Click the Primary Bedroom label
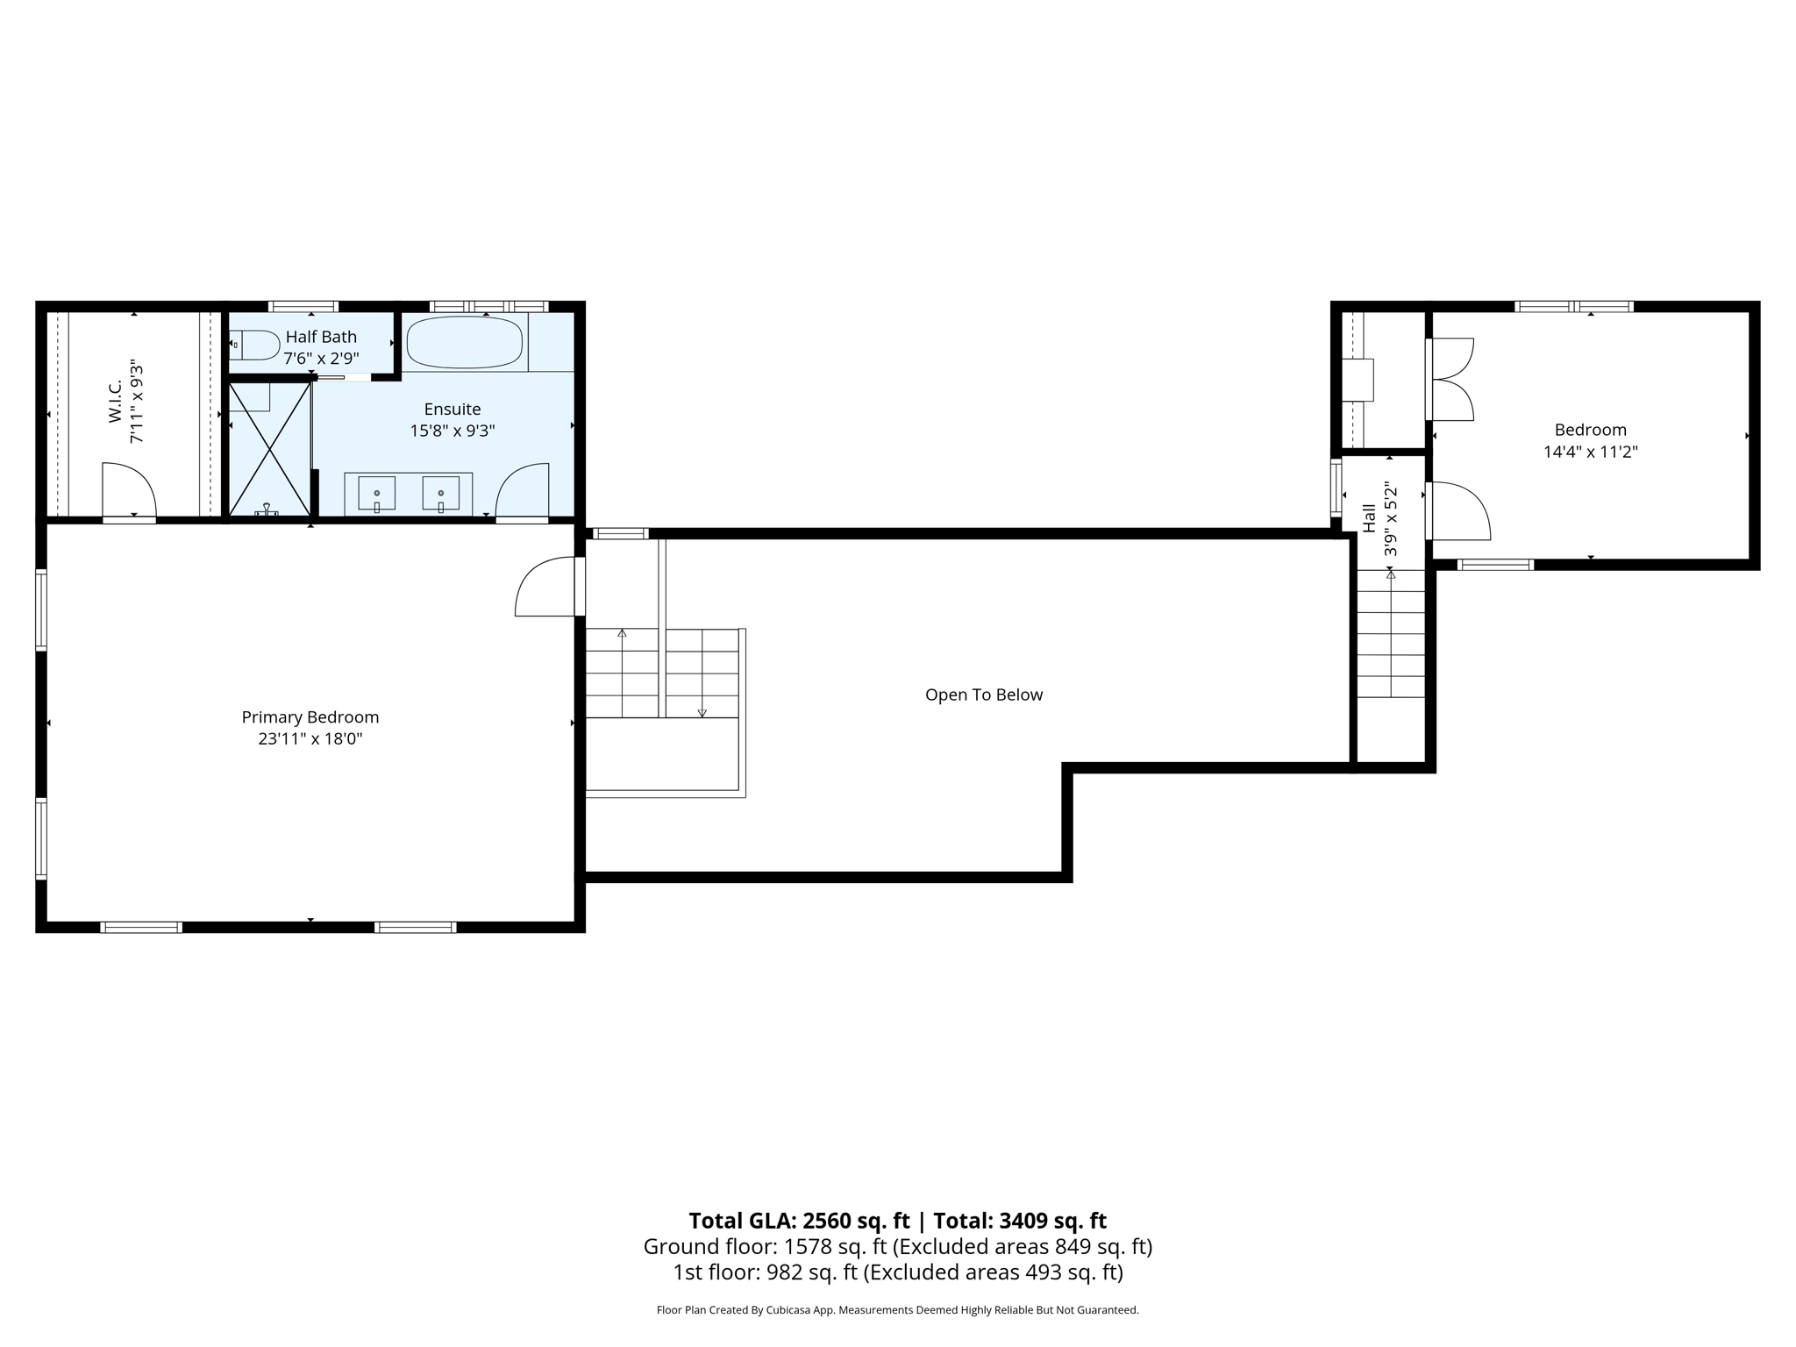pyautogui.click(x=310, y=716)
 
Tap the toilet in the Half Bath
pyautogui.click(x=253, y=345)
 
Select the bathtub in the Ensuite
pyautogui.click(x=465, y=342)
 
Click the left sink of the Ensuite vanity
pyautogui.click(x=376, y=494)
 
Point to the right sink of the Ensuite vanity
pyautogui.click(x=440, y=494)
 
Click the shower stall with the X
pyautogui.click(x=269, y=449)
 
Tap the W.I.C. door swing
pyautogui.click(x=130, y=490)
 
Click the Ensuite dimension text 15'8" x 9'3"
pyautogui.click(x=453, y=431)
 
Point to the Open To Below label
pyautogui.click(x=983, y=695)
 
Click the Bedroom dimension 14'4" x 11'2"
pyautogui.click(x=1590, y=452)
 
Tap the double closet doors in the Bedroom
pyautogui.click(x=1451, y=379)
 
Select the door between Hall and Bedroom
pyautogui.click(x=1456, y=510)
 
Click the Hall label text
pyautogui.click(x=1369, y=517)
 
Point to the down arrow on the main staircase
pyautogui.click(x=702, y=712)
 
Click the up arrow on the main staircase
pyautogui.click(x=622, y=633)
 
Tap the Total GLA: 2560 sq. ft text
pyautogui.click(x=798, y=1220)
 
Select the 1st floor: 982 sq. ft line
pyautogui.click(x=897, y=1272)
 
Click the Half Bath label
pyautogui.click(x=321, y=337)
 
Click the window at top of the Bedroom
pyautogui.click(x=1573, y=306)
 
